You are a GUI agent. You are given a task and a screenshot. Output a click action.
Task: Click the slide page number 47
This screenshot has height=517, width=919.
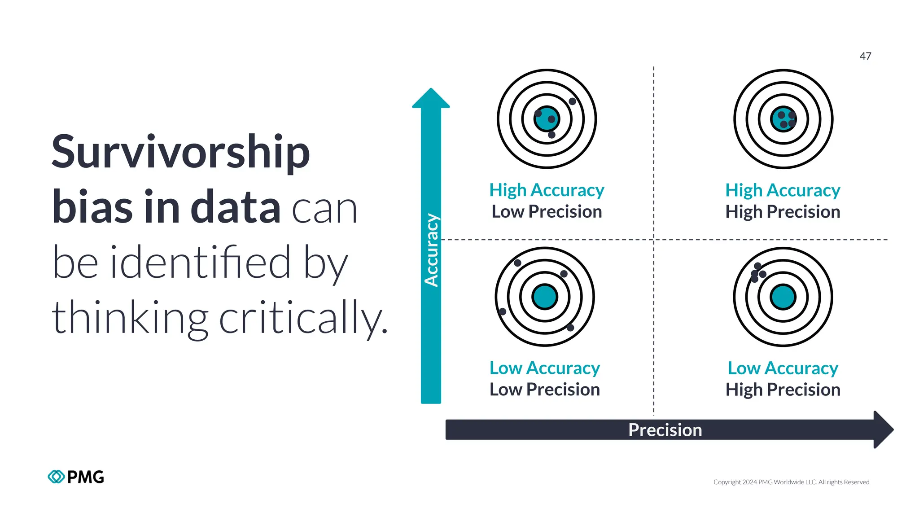865,56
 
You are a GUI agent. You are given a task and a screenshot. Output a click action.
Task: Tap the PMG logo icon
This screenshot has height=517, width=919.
56,477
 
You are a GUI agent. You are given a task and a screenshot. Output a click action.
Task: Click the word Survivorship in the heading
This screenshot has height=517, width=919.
180,153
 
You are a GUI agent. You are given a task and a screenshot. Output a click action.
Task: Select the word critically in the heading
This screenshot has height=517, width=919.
303,318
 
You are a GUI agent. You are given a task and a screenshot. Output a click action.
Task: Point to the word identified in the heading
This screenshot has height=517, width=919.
201,262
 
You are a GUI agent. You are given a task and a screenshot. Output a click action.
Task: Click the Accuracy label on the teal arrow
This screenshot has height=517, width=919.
431,250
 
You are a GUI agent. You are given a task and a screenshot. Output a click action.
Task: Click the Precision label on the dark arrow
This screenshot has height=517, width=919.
665,430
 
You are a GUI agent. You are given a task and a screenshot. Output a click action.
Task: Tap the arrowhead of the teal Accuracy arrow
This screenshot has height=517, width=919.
431,98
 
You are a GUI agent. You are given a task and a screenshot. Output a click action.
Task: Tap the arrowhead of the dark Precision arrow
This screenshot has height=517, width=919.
883,429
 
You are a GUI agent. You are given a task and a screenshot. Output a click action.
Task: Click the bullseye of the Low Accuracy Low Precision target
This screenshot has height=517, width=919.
545,297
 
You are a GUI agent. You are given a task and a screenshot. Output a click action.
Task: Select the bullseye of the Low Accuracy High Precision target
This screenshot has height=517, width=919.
783,297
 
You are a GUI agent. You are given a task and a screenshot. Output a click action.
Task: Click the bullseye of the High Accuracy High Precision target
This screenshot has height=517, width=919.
783,119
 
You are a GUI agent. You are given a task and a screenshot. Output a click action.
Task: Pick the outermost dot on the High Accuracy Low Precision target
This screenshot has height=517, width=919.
572,101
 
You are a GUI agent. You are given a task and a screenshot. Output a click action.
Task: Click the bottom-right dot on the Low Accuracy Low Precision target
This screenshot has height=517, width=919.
570,328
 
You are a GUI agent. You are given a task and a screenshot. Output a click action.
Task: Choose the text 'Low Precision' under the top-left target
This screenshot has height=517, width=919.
547,212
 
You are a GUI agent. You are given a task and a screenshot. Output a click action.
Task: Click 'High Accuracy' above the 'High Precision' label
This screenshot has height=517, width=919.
783,190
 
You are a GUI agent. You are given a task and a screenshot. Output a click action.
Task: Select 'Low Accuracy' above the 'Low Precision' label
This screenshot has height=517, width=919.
545,368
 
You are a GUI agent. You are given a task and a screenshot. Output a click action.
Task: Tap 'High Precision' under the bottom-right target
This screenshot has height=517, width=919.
783,390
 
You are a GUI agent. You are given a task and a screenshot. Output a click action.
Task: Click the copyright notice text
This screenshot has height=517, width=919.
791,482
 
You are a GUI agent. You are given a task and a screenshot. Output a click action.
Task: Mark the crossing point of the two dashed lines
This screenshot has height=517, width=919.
654,240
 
